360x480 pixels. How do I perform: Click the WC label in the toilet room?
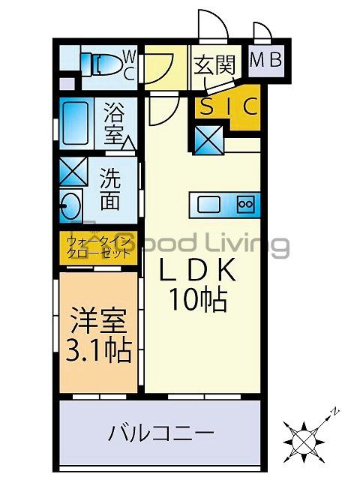coord(128,64)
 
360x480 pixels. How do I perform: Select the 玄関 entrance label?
coord(214,65)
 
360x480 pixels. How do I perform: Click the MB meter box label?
coord(265,60)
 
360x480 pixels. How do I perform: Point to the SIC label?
coord(228,106)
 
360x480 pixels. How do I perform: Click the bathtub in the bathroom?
coord(77,124)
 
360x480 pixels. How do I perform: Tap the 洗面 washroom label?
coord(110,190)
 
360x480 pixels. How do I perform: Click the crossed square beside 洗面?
coord(73,172)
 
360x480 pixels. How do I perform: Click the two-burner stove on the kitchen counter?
coord(246,203)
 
